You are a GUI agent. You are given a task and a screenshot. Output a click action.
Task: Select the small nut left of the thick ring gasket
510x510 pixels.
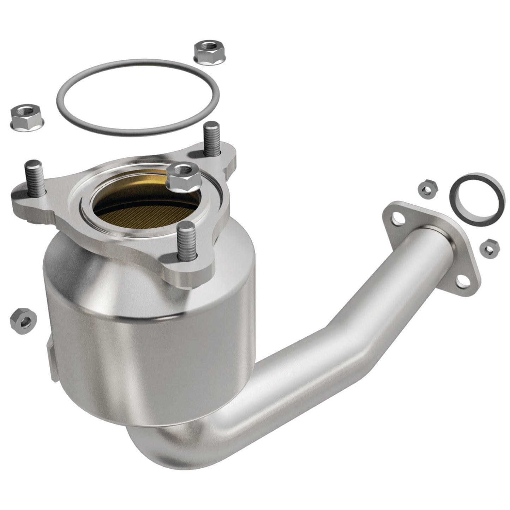click(x=427, y=189)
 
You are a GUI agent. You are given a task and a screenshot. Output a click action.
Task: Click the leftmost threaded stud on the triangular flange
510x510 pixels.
click(x=34, y=178)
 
